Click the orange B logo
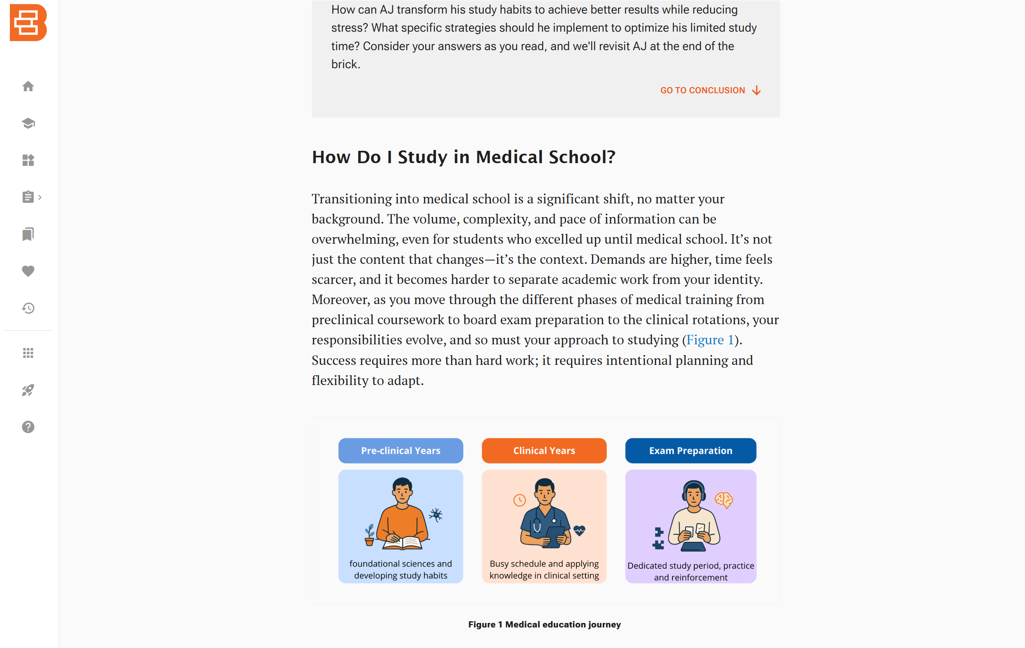coord(28,23)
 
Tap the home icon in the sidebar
coord(28,86)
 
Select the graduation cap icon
coord(28,123)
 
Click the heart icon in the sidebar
coord(28,271)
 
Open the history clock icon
coord(28,308)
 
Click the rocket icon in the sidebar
coord(28,390)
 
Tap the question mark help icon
coord(28,427)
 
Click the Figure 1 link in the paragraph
coord(710,340)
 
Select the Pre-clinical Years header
coord(401,450)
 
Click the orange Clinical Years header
coord(544,450)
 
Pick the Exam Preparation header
coord(691,450)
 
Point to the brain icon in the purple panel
coord(723,500)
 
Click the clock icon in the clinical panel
coord(519,500)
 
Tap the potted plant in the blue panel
coord(369,535)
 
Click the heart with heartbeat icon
coord(579,530)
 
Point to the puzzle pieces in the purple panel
coord(659,538)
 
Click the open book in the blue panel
coord(403,543)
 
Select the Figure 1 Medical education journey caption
coord(544,625)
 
